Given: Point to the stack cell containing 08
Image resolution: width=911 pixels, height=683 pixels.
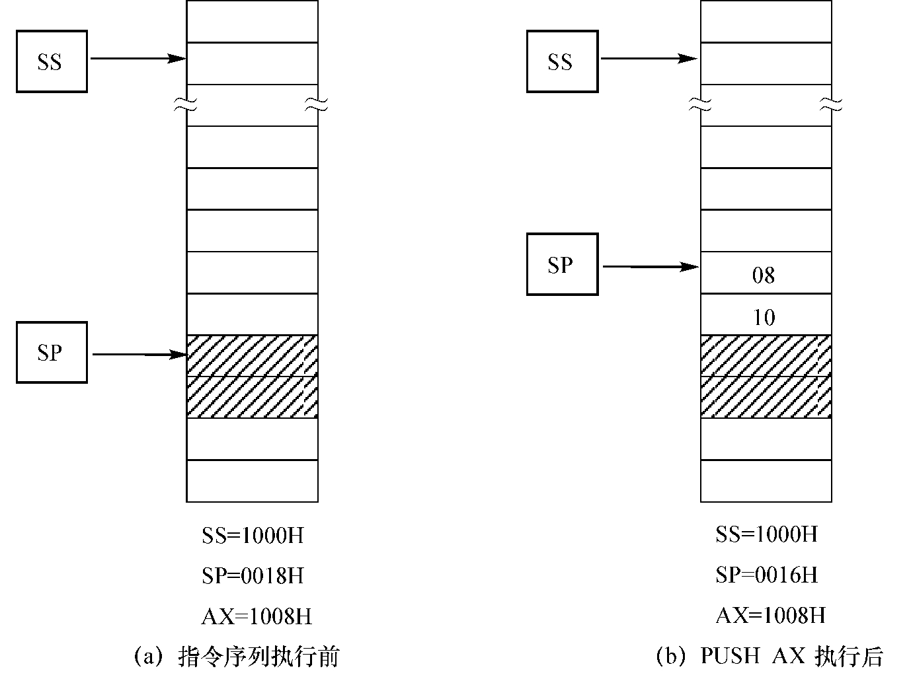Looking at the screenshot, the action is coord(766,272).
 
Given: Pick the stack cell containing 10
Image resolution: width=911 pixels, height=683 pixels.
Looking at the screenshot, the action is coord(766,314).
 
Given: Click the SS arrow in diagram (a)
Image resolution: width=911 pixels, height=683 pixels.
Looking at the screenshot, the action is coord(138,59).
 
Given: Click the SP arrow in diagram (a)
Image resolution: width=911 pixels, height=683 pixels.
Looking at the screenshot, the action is coord(139,355).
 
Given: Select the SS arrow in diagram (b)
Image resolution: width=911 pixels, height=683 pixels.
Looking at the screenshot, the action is coord(649,59).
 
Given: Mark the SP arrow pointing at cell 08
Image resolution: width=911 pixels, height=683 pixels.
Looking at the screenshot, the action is coord(651,267).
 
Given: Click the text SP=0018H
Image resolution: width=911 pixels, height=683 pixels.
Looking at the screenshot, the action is coord(253,576).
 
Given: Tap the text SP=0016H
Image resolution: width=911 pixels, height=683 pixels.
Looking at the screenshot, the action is coord(767,575).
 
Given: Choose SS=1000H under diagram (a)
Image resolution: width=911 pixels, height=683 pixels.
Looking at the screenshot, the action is coord(253,536).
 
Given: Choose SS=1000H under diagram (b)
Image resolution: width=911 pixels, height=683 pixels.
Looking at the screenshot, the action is coord(767,534).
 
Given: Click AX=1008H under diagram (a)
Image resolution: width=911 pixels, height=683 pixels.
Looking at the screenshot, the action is coord(257,616).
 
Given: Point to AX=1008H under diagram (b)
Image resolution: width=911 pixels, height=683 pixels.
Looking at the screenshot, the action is coord(771,616).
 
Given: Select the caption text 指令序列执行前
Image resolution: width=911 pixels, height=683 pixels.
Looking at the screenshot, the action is coord(259,657).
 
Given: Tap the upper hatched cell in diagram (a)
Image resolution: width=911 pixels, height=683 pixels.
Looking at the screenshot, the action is coord(253,356).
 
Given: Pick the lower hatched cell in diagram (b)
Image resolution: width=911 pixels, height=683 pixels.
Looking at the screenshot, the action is coord(766,397).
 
